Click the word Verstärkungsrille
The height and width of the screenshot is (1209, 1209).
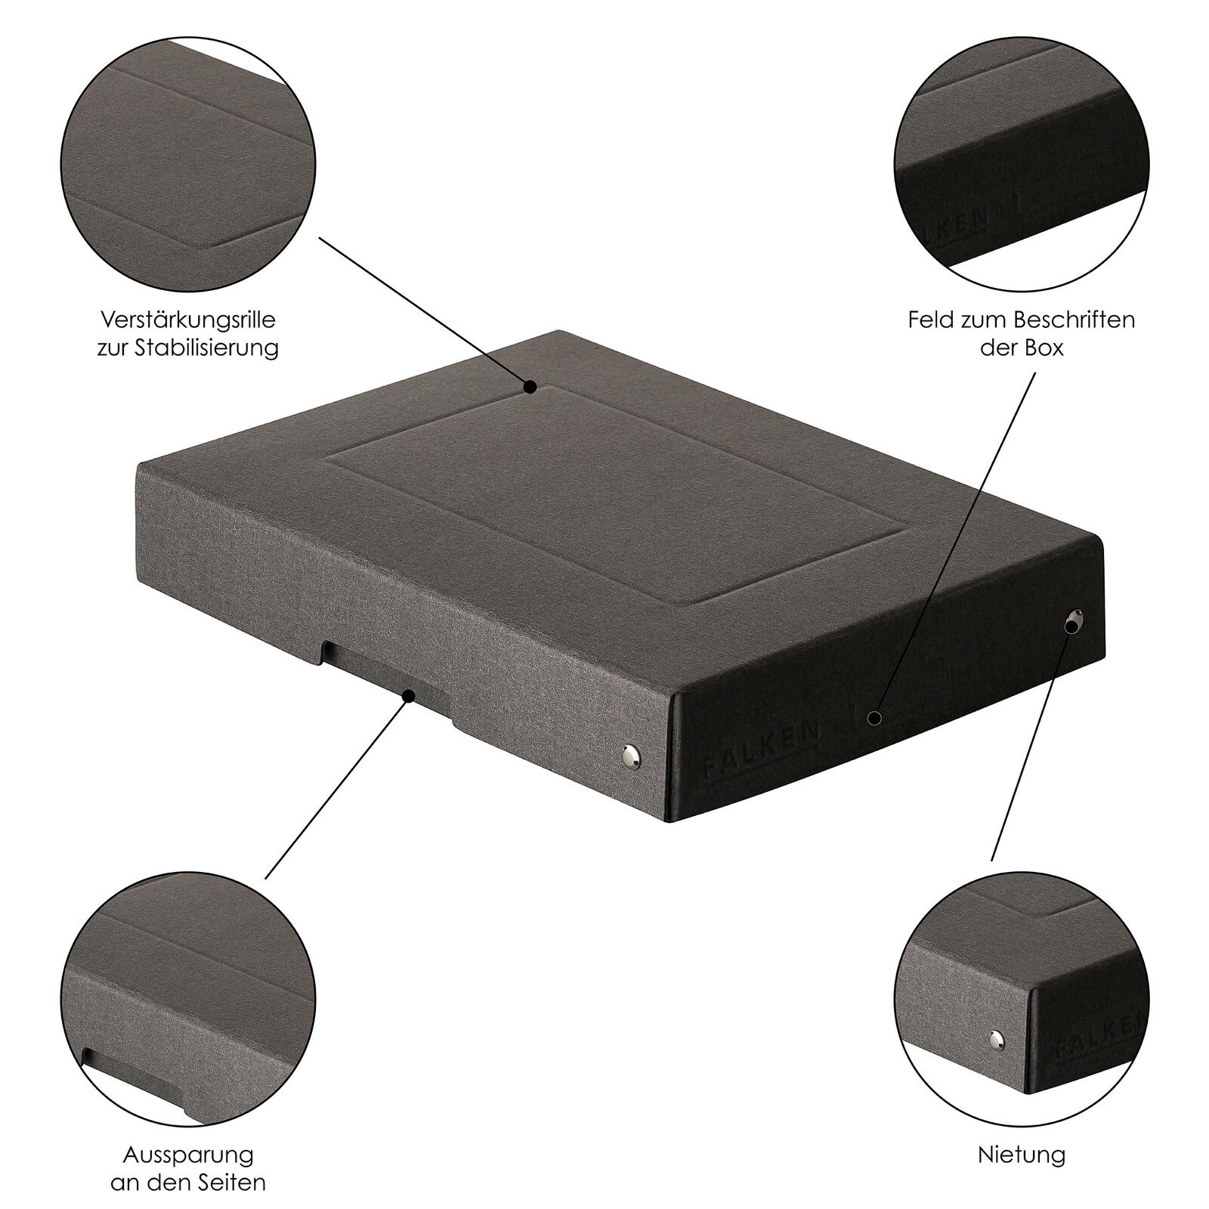(188, 320)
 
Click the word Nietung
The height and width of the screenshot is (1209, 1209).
(1022, 1155)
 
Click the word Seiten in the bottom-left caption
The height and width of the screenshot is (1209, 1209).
(231, 1183)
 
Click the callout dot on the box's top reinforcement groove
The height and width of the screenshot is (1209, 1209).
(530, 387)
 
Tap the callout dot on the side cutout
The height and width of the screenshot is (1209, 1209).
(409, 694)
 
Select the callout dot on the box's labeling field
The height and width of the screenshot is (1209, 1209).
(874, 717)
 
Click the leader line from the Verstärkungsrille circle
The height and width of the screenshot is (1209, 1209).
(425, 312)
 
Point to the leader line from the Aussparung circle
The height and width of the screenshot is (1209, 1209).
(337, 787)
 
